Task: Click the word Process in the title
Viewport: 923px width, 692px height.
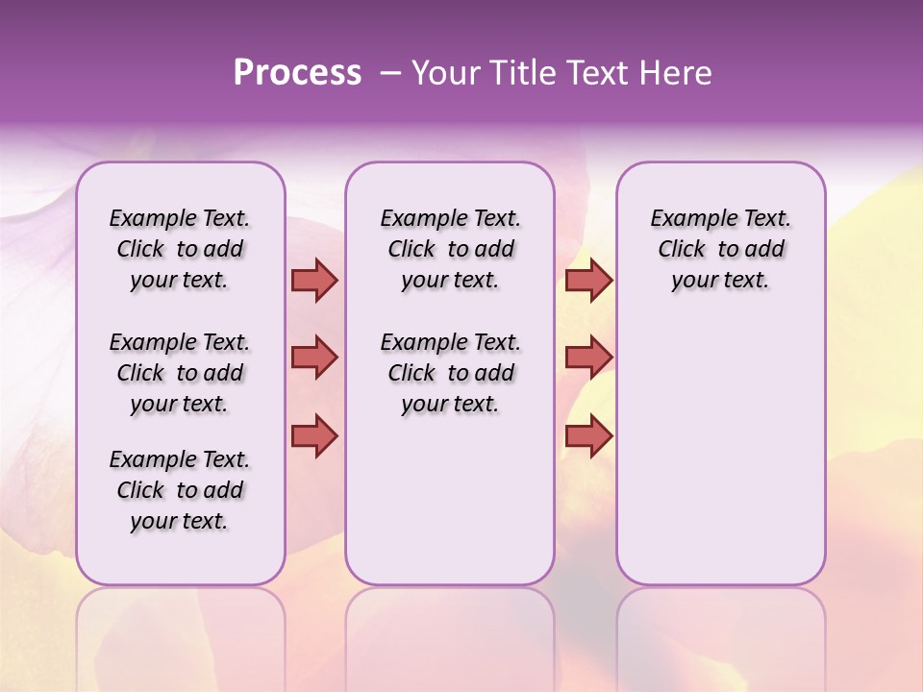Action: tap(297, 73)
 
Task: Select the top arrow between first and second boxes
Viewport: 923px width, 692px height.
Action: tap(314, 280)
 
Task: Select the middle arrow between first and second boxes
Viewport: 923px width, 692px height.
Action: tap(314, 358)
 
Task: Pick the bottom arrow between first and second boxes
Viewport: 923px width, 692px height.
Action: tap(314, 436)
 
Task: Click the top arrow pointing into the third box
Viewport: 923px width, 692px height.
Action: tap(588, 280)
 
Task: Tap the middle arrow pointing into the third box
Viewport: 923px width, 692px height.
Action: tap(588, 358)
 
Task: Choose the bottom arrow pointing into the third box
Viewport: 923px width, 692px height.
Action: tap(588, 436)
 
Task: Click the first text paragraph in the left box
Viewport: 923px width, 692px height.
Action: tap(180, 249)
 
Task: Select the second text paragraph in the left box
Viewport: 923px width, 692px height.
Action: tap(180, 373)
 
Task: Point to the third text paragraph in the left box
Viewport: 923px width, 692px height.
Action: tap(180, 490)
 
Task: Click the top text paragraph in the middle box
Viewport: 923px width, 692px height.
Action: tap(450, 249)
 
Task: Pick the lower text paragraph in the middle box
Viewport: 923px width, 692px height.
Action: tap(450, 373)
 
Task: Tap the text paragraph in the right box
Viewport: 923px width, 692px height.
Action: tap(720, 249)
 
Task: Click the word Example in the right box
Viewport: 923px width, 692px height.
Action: tap(686, 219)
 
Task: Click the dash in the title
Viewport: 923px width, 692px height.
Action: tap(390, 73)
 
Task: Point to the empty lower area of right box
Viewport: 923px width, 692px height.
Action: tap(720, 452)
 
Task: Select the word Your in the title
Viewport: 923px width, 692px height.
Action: tap(444, 73)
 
